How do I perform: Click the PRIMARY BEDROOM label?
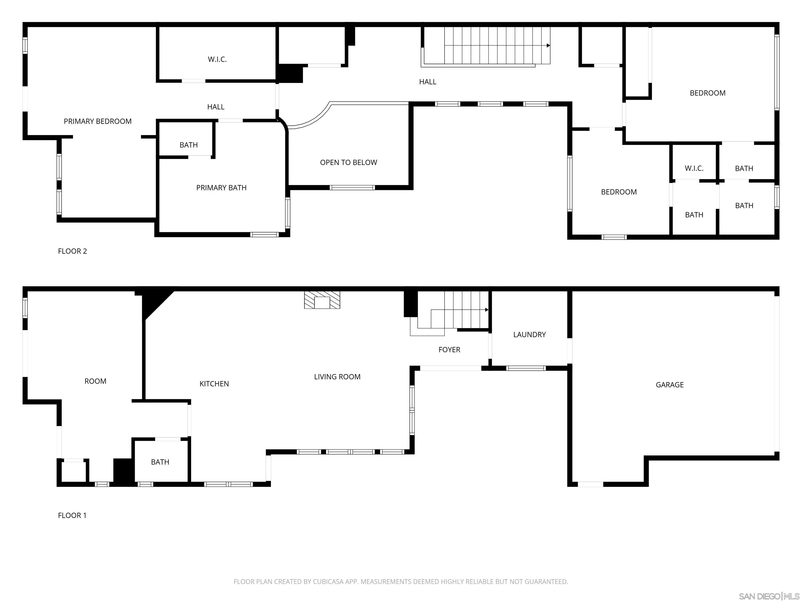pyautogui.click(x=98, y=121)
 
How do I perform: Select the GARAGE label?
pyautogui.click(x=669, y=385)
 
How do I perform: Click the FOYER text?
pyautogui.click(x=449, y=350)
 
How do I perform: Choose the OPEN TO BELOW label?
pyautogui.click(x=349, y=163)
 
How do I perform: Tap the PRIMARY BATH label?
pyautogui.click(x=221, y=188)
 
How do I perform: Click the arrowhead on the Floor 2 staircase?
pyautogui.click(x=548, y=46)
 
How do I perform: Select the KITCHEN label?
pyautogui.click(x=214, y=384)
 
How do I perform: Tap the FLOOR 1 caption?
pyautogui.click(x=72, y=516)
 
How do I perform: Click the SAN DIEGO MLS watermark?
pyautogui.click(x=769, y=596)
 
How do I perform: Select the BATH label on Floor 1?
pyautogui.click(x=160, y=462)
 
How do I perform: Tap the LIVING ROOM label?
pyautogui.click(x=337, y=377)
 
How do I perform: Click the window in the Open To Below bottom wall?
pyautogui.click(x=352, y=188)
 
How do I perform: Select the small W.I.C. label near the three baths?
pyautogui.click(x=694, y=168)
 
